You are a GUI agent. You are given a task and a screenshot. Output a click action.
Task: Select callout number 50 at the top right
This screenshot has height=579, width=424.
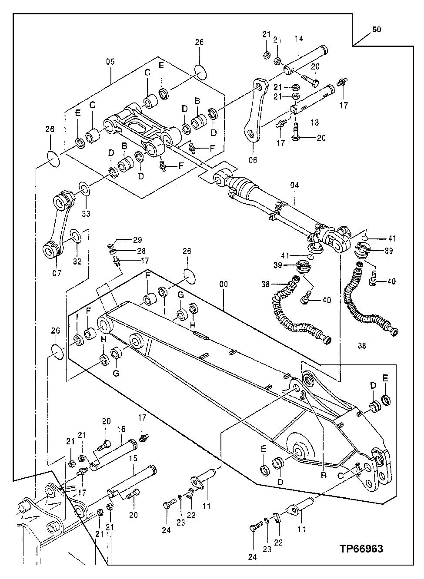(x=377, y=30)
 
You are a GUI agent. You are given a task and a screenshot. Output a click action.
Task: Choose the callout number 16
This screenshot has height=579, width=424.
(x=121, y=428)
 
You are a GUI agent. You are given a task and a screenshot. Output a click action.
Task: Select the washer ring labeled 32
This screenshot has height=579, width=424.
(x=75, y=237)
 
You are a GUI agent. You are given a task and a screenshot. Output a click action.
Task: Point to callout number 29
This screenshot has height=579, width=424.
(x=137, y=239)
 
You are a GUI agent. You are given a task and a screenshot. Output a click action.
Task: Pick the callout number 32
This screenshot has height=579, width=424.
(x=77, y=261)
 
